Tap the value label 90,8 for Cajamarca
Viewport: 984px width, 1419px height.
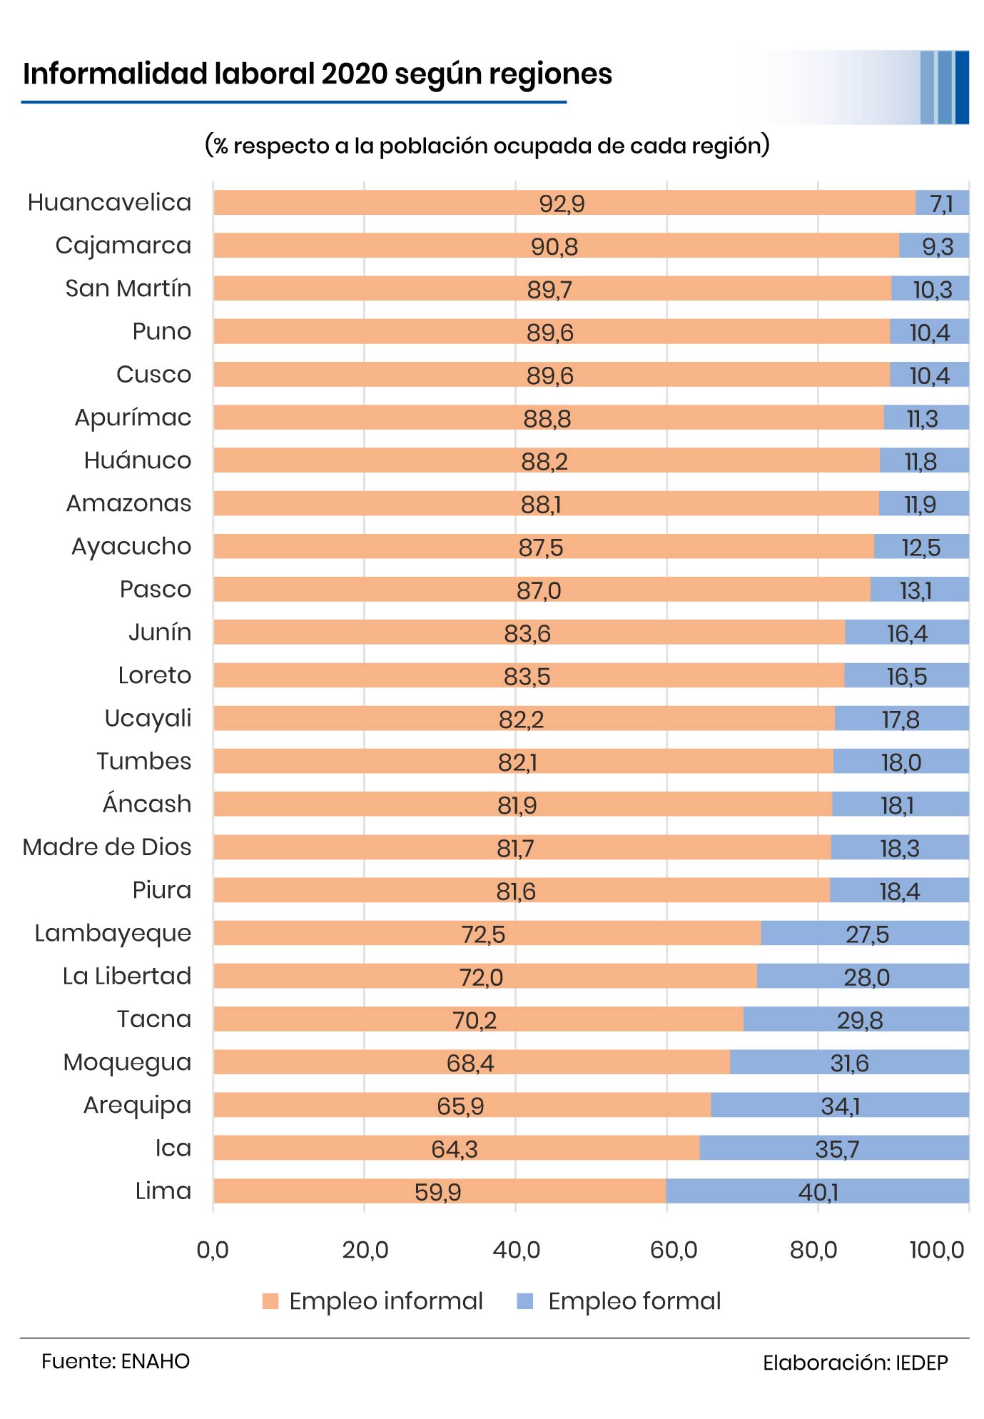(554, 247)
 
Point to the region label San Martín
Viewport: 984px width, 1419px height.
(128, 288)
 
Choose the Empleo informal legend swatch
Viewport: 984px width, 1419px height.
(270, 1301)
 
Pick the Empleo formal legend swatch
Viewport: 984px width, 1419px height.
(524, 1301)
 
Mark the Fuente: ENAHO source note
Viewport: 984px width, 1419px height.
(116, 1361)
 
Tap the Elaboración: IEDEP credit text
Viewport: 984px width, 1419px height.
(855, 1363)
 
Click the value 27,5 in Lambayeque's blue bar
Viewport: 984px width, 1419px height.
(867, 934)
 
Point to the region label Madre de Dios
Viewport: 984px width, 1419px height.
(107, 847)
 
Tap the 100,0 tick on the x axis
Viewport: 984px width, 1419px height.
(937, 1250)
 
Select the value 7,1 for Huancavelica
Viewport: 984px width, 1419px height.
(942, 204)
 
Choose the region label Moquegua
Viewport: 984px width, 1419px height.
(127, 1062)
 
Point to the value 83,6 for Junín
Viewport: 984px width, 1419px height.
(527, 634)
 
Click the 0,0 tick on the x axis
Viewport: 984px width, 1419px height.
(213, 1250)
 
